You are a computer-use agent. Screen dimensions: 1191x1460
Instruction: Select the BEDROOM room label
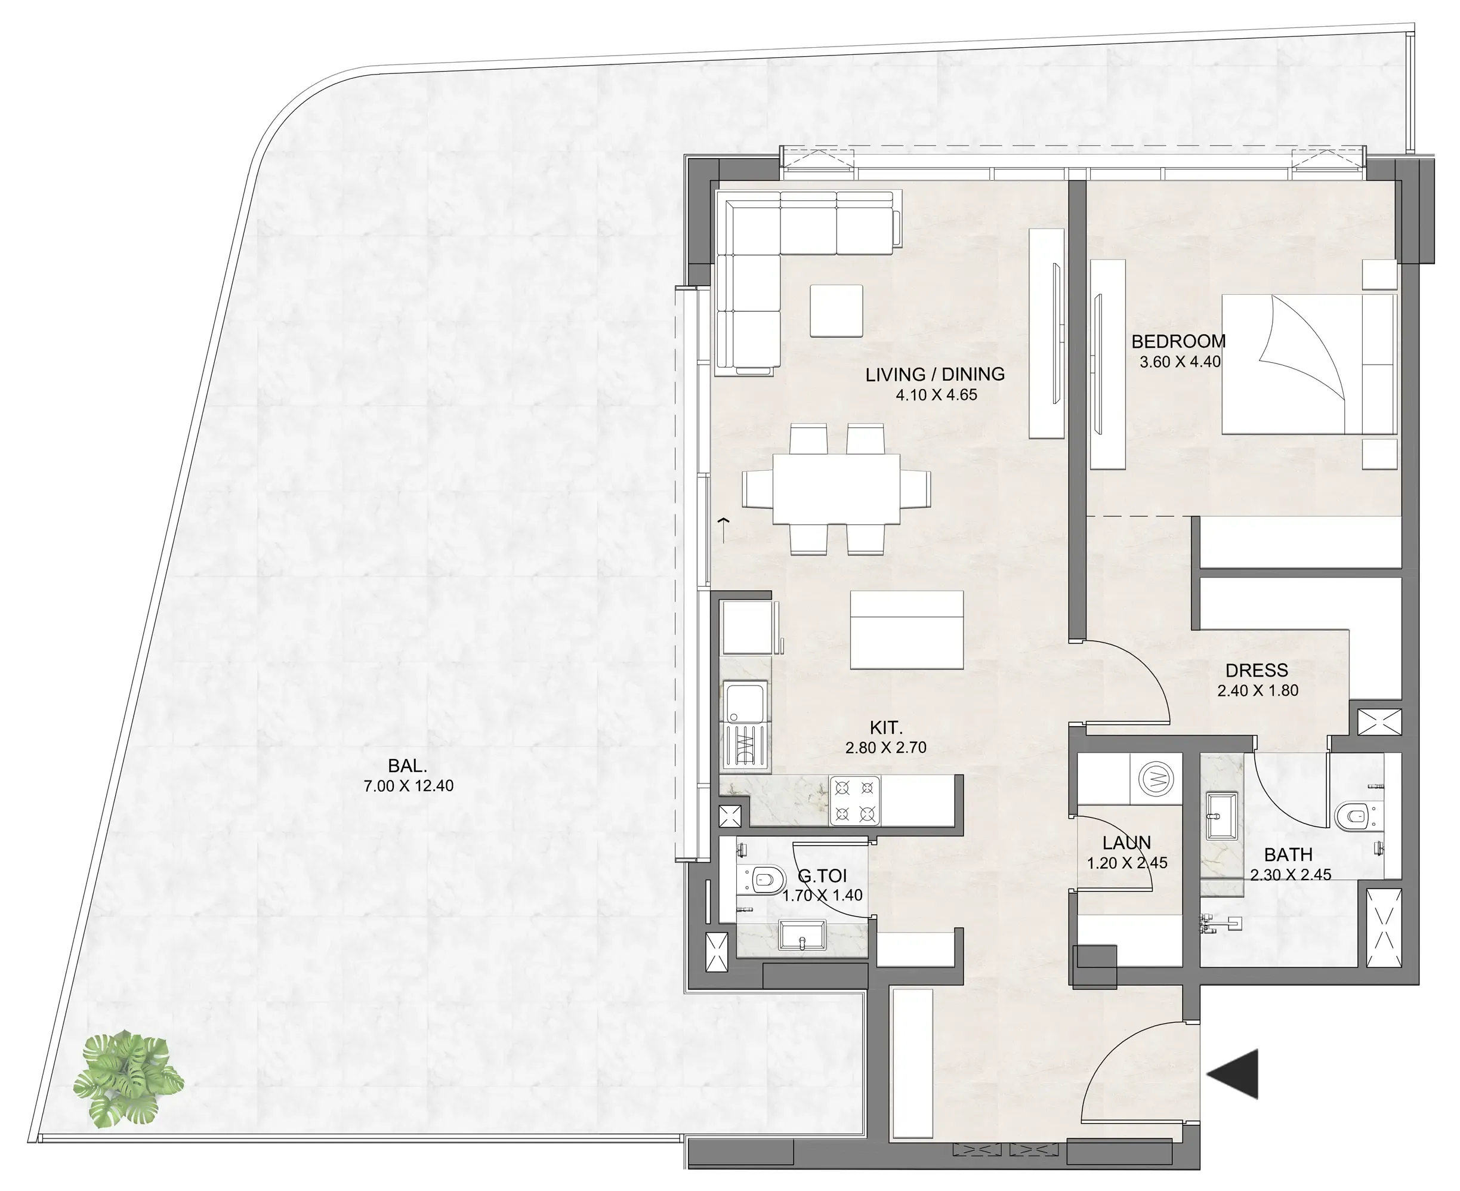[1178, 341]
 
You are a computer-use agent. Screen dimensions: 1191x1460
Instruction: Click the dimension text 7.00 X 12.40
[408, 786]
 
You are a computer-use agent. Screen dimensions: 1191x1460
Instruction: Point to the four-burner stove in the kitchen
[855, 801]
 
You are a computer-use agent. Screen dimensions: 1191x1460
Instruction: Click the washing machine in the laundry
[1156, 779]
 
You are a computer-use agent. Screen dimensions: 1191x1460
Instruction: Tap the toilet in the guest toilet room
[764, 879]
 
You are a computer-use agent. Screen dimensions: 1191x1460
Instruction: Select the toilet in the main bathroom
[1351, 816]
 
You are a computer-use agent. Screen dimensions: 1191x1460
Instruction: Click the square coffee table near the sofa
[836, 311]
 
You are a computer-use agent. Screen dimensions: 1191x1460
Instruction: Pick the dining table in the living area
[837, 489]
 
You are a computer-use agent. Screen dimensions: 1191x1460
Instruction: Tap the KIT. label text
[886, 727]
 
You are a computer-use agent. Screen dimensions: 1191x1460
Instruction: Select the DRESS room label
[1256, 670]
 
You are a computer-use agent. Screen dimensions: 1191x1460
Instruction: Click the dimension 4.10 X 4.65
[936, 395]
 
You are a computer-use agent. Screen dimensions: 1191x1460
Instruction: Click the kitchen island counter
[906, 630]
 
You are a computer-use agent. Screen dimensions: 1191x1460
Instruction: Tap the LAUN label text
[1126, 843]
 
